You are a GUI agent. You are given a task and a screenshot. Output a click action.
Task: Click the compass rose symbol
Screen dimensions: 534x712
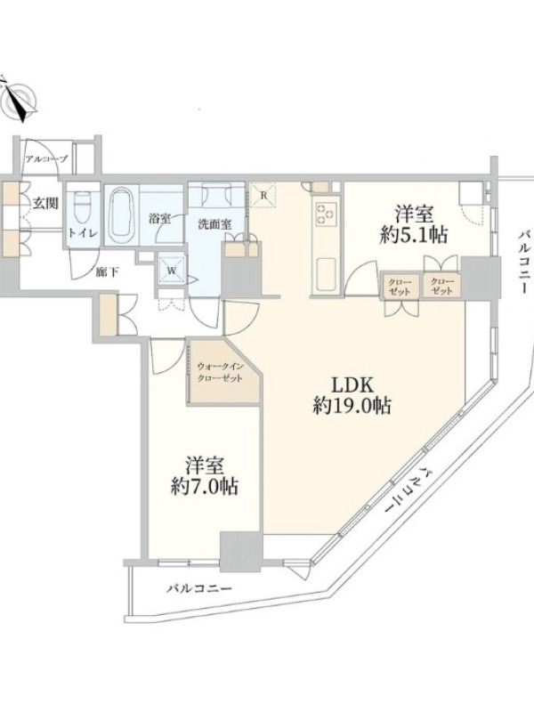(x=18, y=101)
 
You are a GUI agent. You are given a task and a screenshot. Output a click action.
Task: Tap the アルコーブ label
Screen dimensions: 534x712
(x=46, y=158)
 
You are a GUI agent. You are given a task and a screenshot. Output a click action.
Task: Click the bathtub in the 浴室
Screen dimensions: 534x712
(x=121, y=214)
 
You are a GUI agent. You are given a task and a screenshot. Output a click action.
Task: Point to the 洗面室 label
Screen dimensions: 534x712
(x=214, y=224)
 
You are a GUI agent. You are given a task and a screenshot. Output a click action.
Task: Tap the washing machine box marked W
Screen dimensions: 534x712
(x=172, y=271)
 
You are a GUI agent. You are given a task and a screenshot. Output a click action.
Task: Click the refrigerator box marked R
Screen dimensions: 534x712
(x=263, y=195)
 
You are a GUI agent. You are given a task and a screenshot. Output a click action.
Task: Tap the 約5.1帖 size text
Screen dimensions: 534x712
(x=414, y=235)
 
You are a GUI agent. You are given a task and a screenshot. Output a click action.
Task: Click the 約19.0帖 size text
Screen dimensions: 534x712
(x=352, y=406)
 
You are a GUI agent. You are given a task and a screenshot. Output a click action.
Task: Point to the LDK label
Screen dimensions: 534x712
(x=352, y=385)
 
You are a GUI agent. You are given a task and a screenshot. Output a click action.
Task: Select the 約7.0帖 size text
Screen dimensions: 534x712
(x=206, y=486)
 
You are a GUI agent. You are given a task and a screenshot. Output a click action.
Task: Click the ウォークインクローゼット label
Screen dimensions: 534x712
(x=220, y=372)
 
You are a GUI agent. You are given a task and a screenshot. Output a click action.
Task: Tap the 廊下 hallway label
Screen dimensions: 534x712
(x=107, y=272)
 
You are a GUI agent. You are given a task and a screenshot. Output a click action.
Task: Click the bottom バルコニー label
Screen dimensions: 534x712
(x=198, y=589)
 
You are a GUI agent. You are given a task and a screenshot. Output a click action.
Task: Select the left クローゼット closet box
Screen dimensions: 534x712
(x=399, y=285)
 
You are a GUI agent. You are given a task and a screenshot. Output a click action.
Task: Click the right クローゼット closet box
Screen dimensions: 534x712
(x=441, y=285)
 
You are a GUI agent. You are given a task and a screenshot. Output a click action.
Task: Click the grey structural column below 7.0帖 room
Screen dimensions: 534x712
(x=241, y=551)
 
